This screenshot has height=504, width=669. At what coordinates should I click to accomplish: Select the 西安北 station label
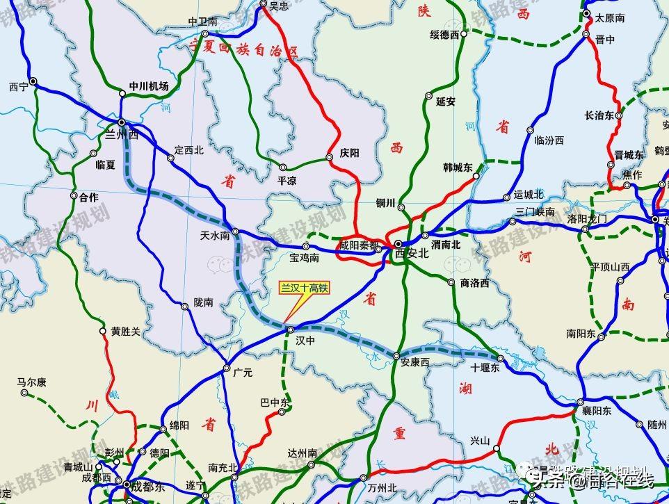click(412, 254)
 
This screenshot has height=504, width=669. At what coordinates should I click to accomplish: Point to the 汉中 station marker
click(291, 329)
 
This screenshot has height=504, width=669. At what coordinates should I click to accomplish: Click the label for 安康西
click(415, 362)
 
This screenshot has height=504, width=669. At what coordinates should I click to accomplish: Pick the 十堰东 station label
click(485, 368)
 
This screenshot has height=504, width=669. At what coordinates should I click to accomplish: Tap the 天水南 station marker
click(236, 231)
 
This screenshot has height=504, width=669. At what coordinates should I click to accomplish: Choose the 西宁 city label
click(19, 88)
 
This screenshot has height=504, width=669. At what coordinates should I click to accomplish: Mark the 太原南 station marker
click(587, 13)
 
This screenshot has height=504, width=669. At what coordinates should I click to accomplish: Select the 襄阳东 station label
click(597, 411)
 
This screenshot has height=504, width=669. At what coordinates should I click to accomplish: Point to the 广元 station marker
click(227, 368)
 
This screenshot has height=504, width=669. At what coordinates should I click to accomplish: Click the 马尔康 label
click(31, 382)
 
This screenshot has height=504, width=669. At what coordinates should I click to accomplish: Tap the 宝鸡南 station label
click(304, 258)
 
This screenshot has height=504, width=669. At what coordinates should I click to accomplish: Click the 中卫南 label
click(203, 22)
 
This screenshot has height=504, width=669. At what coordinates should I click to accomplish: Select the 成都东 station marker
click(127, 484)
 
